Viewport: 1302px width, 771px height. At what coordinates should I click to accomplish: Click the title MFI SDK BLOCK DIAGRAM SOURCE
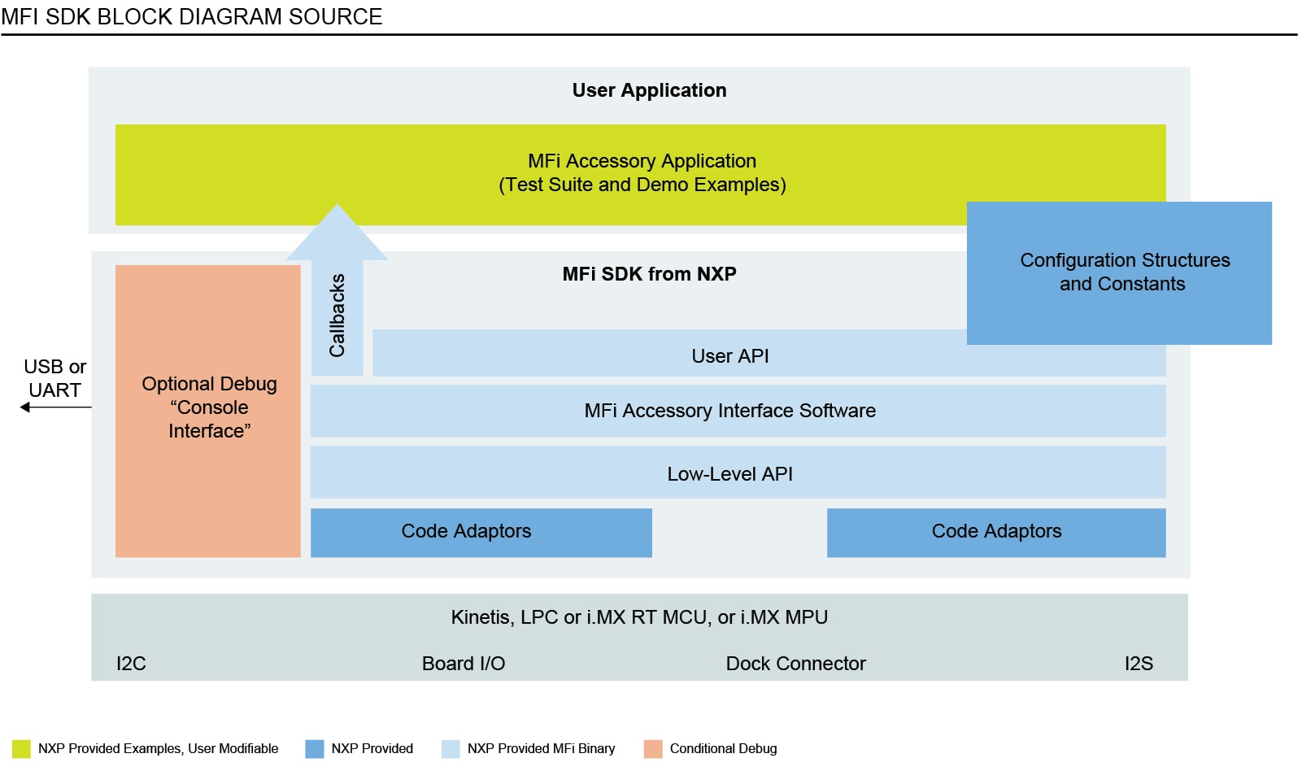click(192, 16)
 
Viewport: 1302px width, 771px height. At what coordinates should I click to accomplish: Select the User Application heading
click(649, 90)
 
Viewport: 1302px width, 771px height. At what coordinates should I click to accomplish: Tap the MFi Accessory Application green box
click(641, 173)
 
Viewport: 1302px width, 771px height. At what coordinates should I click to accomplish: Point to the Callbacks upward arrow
click(337, 301)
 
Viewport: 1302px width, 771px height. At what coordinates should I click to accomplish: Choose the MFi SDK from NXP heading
click(649, 274)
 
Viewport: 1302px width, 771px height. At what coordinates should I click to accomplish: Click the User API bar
click(729, 356)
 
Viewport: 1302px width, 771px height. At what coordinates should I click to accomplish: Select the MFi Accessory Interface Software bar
click(729, 411)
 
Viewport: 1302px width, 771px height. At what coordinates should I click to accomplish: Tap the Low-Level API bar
click(729, 473)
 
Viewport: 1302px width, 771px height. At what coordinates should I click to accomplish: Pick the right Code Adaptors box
click(996, 532)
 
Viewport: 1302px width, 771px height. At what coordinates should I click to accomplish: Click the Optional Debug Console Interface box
click(208, 408)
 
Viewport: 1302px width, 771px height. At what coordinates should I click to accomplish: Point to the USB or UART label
click(54, 378)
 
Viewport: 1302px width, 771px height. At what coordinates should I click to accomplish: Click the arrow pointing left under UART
click(55, 407)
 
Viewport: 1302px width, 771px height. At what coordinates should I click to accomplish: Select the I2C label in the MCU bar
click(131, 664)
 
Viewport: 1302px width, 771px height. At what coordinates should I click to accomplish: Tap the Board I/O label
click(464, 664)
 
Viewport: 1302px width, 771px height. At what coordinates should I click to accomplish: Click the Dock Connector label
click(795, 664)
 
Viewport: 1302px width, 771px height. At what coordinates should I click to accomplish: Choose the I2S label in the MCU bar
click(1138, 664)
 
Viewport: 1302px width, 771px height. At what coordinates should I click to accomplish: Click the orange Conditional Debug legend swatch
click(653, 749)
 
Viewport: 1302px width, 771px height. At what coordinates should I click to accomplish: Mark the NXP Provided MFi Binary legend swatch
click(451, 749)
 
